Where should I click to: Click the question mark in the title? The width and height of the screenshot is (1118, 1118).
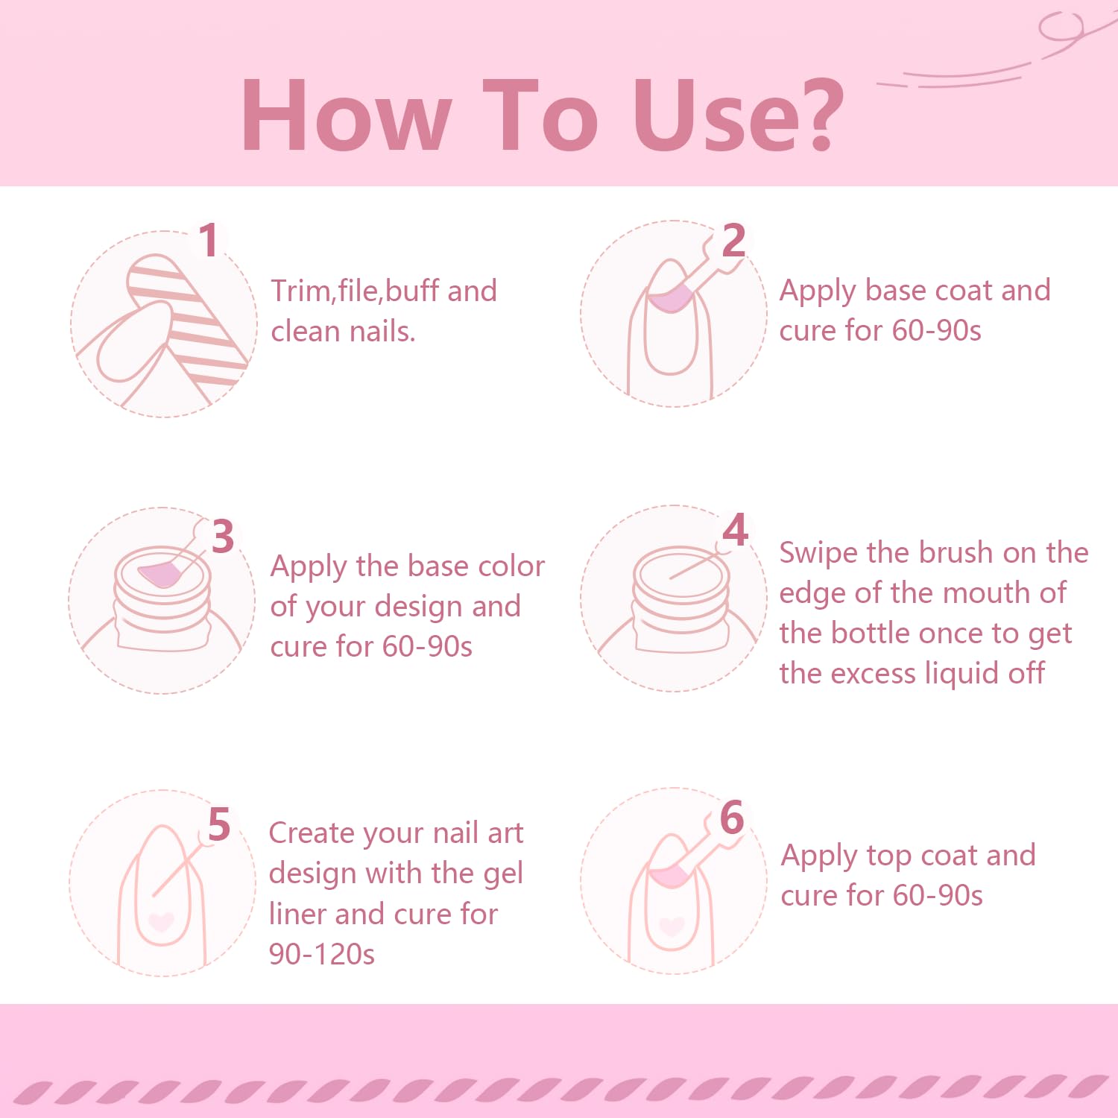click(x=814, y=115)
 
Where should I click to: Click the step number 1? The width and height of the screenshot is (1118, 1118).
click(x=209, y=240)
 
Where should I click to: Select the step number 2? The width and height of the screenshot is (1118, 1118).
click(x=733, y=240)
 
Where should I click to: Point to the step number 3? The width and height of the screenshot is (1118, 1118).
click(x=222, y=537)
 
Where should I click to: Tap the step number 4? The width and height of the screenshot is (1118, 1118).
click(x=736, y=529)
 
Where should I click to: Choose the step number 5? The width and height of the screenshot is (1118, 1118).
click(x=218, y=824)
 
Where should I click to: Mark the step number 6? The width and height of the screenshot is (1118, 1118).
click(x=732, y=817)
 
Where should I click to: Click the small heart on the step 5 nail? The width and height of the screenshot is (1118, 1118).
click(x=161, y=922)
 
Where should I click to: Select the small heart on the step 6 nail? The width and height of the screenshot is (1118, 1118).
click(x=672, y=926)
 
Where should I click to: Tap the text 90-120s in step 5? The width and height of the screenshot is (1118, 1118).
click(x=322, y=954)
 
